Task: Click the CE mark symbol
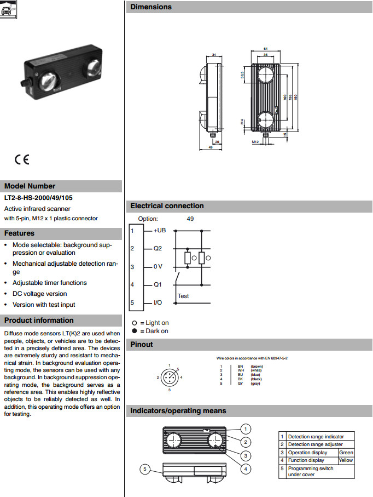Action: (22, 160)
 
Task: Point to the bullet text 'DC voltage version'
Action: (40, 294)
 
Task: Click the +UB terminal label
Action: (160, 231)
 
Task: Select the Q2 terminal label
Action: (158, 248)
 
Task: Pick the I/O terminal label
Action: (158, 302)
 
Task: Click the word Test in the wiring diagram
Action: (183, 296)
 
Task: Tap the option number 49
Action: (190, 219)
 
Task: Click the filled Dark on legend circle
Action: (135, 331)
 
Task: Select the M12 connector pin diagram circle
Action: (170, 378)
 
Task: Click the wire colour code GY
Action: (240, 383)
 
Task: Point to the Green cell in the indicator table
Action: (346, 453)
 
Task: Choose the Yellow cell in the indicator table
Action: (346, 460)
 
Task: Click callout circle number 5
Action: (145, 469)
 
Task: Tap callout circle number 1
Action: (247, 429)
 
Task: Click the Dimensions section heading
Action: (151, 7)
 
